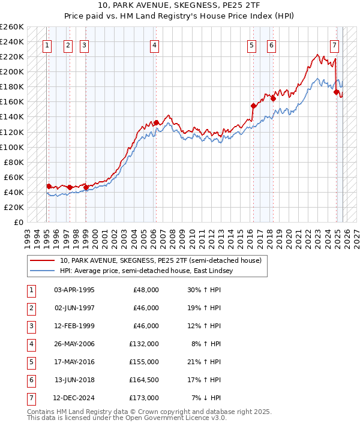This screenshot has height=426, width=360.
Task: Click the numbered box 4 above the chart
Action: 155,45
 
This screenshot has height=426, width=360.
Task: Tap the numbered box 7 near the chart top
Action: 334,45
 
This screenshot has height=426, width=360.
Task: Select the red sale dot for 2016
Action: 253,106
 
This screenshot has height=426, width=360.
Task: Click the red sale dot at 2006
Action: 157,123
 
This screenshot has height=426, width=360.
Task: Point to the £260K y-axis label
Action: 12,27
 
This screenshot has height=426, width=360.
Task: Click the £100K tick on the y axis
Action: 12,147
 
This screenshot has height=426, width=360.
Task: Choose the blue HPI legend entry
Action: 146,271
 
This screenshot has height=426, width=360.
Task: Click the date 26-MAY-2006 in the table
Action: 74,344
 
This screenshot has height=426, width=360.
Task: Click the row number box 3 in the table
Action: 30,326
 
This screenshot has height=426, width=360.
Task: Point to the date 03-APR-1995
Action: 74,290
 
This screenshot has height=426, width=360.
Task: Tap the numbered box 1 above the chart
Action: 47,45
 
